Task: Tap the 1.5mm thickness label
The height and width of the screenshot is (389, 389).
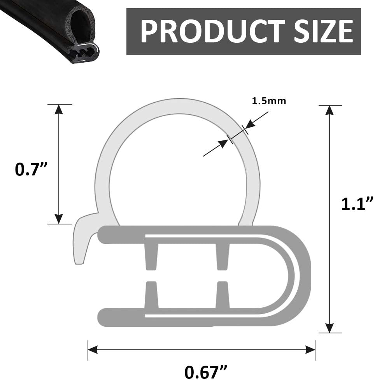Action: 269,101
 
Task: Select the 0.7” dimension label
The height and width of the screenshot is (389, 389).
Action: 31,170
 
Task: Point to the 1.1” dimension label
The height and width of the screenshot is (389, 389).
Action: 357,203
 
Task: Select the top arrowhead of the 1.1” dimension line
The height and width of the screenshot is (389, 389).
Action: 330,110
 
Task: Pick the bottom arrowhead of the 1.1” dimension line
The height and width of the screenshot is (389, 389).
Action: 330,328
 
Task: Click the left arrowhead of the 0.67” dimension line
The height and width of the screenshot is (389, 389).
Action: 93,350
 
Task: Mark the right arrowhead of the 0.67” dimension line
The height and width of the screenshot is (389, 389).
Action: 310,350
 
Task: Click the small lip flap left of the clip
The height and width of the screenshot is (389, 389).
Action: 81,241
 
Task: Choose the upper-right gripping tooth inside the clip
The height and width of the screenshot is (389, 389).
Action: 222,254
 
